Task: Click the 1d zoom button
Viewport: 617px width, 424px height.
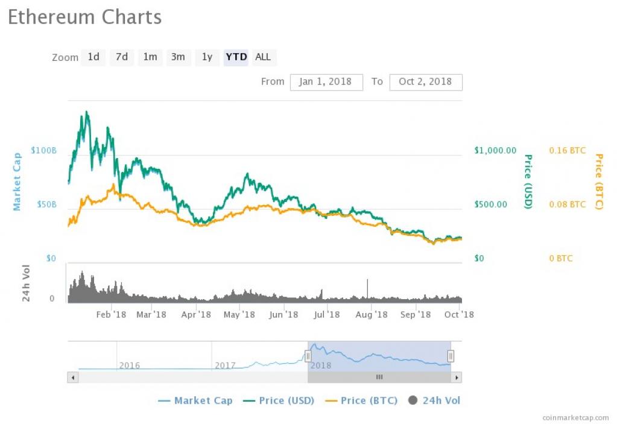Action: (x=93, y=57)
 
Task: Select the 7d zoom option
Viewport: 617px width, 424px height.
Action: (x=122, y=57)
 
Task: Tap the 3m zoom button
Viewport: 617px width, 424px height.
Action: (x=178, y=57)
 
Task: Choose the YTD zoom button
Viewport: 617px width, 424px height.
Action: (x=236, y=57)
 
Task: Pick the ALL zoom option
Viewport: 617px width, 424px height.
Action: (x=263, y=57)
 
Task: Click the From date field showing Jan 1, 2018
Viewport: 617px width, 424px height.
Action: (x=326, y=82)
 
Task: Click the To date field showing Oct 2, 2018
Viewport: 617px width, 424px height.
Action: (x=426, y=82)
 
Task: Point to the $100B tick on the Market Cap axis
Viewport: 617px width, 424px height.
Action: (x=43, y=150)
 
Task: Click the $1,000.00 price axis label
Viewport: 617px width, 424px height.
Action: (x=495, y=150)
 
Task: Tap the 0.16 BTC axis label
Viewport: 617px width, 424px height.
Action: (x=567, y=150)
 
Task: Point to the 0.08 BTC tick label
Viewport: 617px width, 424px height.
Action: (x=567, y=204)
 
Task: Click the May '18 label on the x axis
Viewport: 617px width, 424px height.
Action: (x=239, y=314)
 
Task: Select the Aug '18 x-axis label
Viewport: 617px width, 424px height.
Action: (x=372, y=314)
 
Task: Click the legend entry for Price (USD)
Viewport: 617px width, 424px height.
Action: (x=278, y=400)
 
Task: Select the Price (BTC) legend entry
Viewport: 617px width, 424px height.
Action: (x=362, y=400)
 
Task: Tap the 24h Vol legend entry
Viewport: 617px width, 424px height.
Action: (x=435, y=400)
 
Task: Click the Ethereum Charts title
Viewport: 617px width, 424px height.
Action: (x=84, y=17)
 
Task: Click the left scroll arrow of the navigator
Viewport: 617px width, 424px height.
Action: (x=73, y=378)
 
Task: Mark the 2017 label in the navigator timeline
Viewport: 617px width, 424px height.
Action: (x=225, y=365)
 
